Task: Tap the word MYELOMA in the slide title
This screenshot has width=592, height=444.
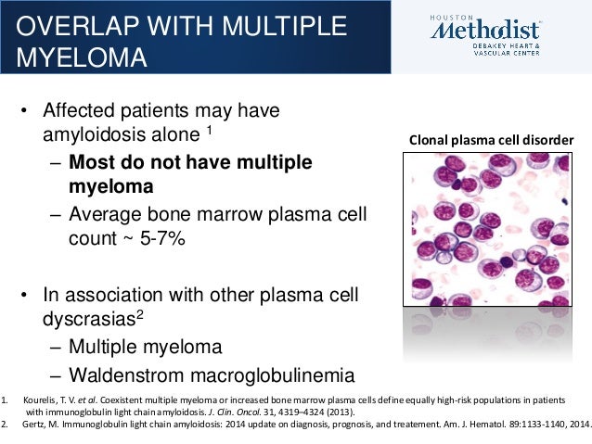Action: click(x=82, y=57)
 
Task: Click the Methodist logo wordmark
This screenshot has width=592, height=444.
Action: click(x=485, y=31)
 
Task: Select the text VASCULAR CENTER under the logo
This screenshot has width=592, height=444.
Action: click(x=507, y=53)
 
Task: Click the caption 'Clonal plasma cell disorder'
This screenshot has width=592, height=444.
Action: click(x=491, y=140)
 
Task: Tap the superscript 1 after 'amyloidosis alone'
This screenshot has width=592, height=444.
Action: click(x=209, y=130)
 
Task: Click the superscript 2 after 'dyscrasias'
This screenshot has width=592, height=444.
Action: click(x=140, y=314)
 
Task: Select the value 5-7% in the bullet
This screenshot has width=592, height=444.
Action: click(x=162, y=238)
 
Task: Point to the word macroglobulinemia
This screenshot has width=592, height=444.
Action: click(x=272, y=375)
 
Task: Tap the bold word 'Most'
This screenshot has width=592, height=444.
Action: click(x=92, y=162)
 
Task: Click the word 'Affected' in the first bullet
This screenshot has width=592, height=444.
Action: click(x=79, y=110)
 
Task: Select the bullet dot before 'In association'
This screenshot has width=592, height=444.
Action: click(x=24, y=295)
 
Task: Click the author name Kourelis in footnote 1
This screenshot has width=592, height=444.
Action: click(x=36, y=400)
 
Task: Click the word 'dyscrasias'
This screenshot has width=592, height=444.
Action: click(x=89, y=320)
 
